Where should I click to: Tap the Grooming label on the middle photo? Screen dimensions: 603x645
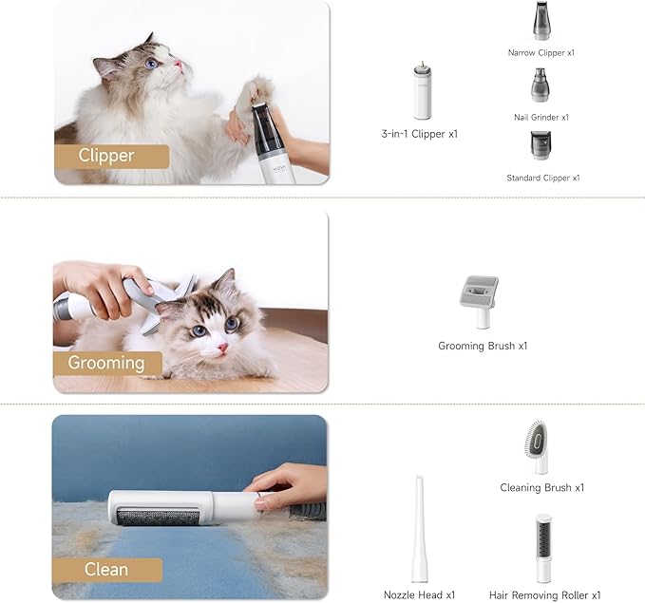tap(106, 363)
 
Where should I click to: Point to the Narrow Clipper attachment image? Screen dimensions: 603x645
tap(541, 22)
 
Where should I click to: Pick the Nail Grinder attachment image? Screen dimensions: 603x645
tap(540, 85)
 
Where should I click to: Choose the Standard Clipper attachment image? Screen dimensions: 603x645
tap(541, 146)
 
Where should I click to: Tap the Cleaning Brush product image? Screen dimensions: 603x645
tap(537, 447)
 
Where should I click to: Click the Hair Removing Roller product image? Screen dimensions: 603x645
tap(543, 548)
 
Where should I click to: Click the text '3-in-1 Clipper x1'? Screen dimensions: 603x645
tap(419, 134)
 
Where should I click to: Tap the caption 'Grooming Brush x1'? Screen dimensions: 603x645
tap(483, 346)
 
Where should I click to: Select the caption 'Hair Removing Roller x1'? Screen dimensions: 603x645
tap(544, 594)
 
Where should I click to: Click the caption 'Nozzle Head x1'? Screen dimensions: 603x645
tap(419, 594)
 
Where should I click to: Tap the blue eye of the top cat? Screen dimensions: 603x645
tap(152, 65)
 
